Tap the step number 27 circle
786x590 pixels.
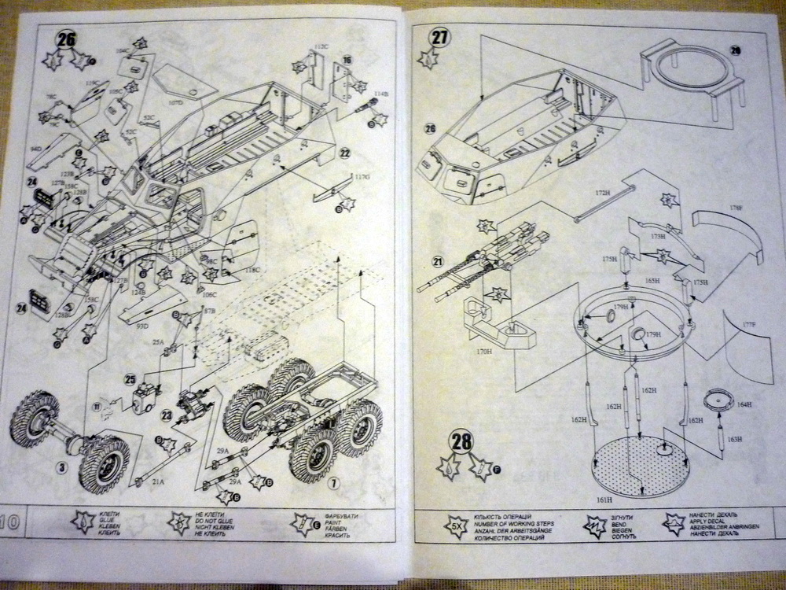(x=440, y=36)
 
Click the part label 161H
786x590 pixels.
(x=604, y=499)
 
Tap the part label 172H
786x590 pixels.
(x=602, y=191)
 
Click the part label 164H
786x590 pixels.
(x=744, y=404)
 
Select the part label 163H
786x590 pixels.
(x=734, y=439)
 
